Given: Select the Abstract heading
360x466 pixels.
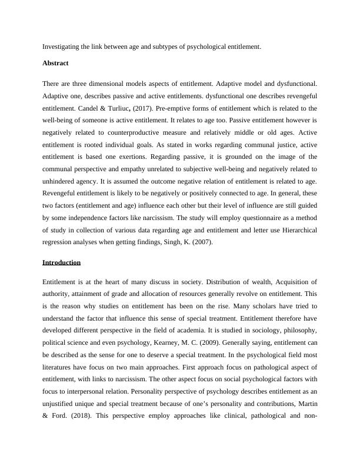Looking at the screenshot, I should (56, 63).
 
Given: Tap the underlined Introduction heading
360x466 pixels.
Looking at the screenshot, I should (61, 262).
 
